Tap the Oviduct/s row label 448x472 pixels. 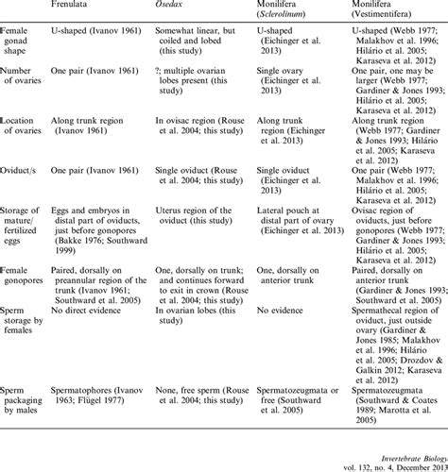[x=24, y=174]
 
